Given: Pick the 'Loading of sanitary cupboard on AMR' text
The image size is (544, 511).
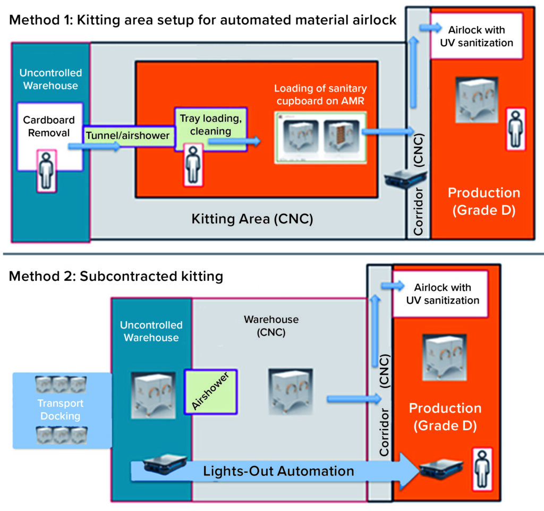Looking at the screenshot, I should pos(320,94).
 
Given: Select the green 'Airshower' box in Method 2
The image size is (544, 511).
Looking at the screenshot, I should pos(210,391).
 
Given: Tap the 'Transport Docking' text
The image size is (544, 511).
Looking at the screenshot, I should pos(61,409).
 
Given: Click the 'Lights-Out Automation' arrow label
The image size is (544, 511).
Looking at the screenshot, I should pos(278,471).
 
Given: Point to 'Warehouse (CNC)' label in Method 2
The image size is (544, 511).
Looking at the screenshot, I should pos(271,326).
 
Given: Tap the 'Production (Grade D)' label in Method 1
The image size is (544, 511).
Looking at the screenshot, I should pos(483,201).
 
